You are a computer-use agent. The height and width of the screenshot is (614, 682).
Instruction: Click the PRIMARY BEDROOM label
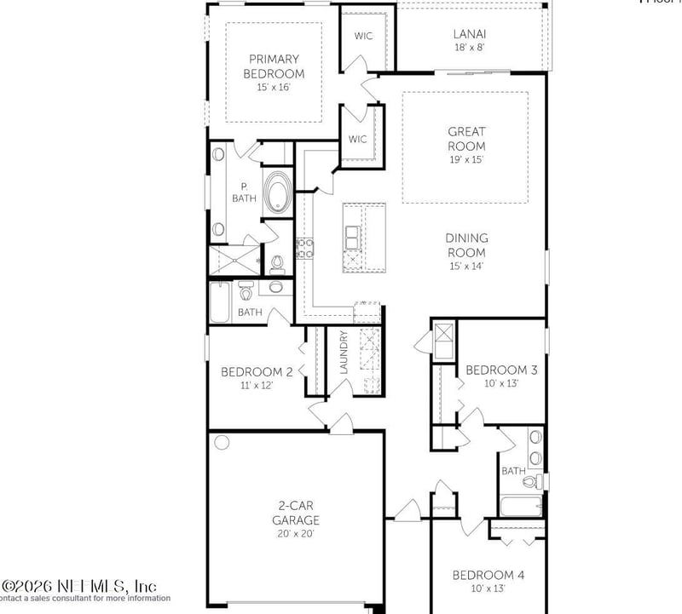274,66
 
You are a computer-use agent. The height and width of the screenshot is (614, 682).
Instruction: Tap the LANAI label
471,35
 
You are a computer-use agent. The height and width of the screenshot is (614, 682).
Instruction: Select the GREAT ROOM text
466,139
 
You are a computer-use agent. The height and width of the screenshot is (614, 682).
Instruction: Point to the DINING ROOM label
465,246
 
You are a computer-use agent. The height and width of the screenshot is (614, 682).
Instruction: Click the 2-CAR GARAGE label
296,513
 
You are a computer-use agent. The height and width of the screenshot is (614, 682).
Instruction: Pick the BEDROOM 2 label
257,371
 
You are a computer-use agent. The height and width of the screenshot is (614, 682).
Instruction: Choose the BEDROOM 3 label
500,370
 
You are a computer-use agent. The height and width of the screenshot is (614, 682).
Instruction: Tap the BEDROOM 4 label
488,575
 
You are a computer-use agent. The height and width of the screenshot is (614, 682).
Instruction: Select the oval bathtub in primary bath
277,192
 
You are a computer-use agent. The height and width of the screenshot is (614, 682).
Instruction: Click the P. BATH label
244,192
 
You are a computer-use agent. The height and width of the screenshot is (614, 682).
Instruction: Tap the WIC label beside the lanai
364,36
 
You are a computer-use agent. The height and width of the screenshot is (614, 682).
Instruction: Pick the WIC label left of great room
357,140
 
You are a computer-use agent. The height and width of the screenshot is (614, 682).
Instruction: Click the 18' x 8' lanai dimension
471,49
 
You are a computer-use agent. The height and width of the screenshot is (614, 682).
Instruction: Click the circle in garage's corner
223,443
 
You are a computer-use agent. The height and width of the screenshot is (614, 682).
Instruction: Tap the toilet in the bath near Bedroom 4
530,482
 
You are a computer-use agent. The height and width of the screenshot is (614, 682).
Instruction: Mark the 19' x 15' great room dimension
466,159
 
